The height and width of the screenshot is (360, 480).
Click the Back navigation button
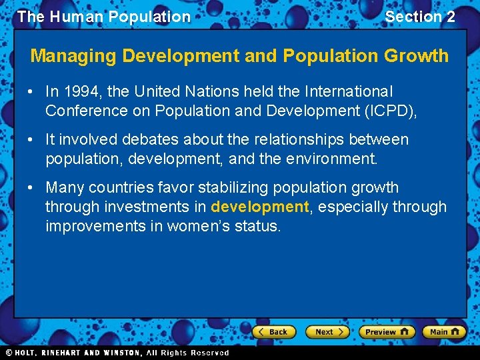273,331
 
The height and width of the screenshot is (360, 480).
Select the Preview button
386,331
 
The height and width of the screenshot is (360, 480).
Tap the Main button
444,331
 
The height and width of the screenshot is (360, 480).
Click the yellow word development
260,207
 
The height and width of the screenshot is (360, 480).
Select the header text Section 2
420,17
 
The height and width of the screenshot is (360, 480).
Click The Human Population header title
103,17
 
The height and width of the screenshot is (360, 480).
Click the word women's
199,226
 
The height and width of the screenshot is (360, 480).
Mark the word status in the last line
259,226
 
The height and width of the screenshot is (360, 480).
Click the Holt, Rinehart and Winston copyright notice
117,353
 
